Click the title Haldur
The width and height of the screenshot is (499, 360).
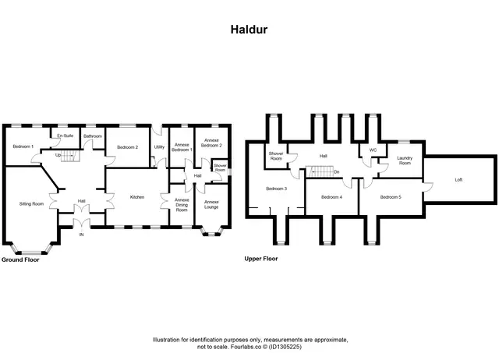coord(249,30)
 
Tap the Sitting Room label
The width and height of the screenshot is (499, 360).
coord(31,204)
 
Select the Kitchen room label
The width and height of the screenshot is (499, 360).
coord(137,197)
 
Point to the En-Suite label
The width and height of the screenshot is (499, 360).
coord(65,136)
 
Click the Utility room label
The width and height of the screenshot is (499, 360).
coord(159,147)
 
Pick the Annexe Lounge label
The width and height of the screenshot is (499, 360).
coord(211,204)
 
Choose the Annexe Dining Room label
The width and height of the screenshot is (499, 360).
coord(182,205)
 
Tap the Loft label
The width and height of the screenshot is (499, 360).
coord(458,180)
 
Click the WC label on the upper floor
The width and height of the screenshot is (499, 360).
coord(373,150)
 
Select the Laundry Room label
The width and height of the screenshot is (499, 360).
coord(405,161)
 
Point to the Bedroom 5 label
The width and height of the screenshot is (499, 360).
coord(391,197)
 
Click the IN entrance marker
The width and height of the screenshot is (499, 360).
coord(81,235)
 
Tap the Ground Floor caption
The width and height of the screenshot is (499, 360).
coord(20,259)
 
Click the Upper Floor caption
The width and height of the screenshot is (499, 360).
coord(261,259)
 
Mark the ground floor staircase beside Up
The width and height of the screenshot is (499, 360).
coord(69,156)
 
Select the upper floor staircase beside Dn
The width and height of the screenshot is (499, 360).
coord(320,171)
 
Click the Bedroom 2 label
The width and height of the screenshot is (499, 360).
coord(127,147)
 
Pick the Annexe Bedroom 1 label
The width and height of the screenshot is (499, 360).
coord(182,147)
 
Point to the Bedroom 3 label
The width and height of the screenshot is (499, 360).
coord(277,189)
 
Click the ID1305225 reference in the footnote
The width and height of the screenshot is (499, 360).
coord(285,347)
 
